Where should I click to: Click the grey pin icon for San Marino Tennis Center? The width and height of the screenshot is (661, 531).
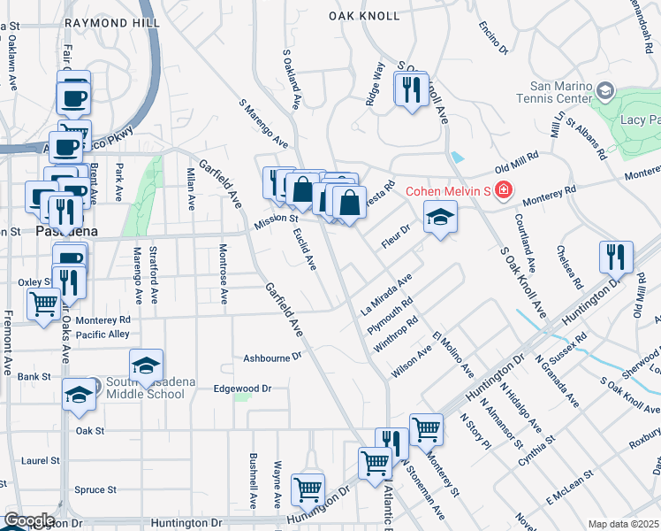tap(605, 90)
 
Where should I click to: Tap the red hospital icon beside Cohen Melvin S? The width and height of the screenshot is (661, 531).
tap(502, 190)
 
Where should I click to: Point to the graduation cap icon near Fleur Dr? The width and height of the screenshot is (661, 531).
tap(439, 217)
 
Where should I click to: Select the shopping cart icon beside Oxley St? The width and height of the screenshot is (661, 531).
tap(43, 305)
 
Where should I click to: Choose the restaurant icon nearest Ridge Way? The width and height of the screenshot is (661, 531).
tap(410, 90)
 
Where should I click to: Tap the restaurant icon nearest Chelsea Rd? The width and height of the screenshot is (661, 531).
tap(616, 257)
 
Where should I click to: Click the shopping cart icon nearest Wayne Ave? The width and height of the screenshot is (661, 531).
tap(308, 488)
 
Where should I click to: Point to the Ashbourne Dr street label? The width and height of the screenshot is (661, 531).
tap(273, 358)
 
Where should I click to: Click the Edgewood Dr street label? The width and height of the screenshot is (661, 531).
tap(241, 388)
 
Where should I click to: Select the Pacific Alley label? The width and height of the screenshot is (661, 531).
tap(103, 334)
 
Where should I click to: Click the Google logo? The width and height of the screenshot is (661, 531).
tap(29, 520)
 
